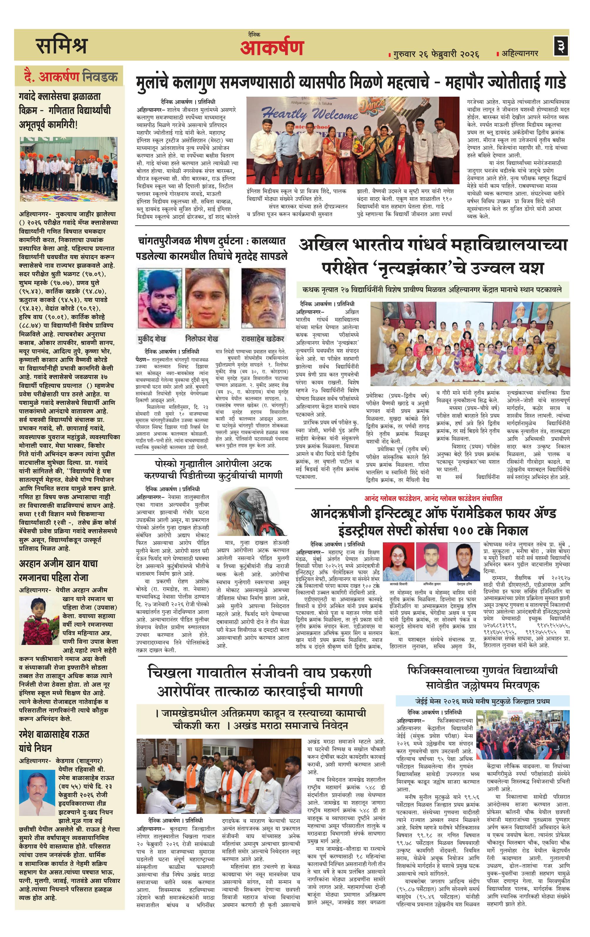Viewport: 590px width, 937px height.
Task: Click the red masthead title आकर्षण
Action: coord(271,48)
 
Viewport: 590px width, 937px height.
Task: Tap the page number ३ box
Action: coord(561,46)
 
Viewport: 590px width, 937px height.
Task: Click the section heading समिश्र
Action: coord(61,46)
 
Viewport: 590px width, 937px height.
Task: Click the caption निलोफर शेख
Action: coord(202,338)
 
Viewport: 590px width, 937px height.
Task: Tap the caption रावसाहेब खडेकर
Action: coord(262,338)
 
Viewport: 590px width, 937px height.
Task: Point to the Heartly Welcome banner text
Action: coord(309,114)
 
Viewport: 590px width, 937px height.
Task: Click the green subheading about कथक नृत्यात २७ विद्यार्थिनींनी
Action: coord(432,289)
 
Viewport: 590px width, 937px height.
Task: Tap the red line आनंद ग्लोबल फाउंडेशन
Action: coord(433,498)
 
